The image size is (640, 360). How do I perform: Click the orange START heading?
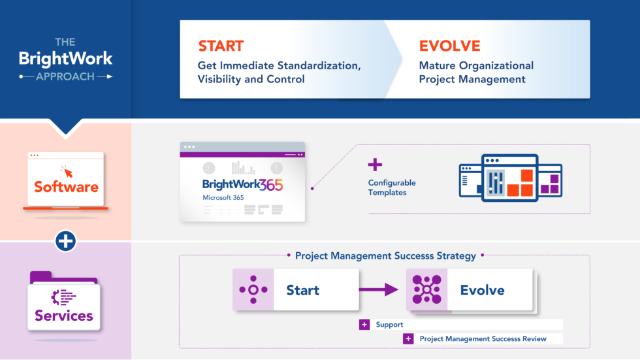[221, 46]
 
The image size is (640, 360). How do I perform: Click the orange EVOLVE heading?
[449, 46]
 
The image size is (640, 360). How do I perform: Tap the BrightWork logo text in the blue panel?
[65, 59]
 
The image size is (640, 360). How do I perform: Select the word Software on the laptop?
[66, 187]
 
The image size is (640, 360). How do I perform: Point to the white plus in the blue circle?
[65, 241]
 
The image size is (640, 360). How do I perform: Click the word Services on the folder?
[64, 316]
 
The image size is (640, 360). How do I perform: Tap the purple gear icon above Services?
[63, 297]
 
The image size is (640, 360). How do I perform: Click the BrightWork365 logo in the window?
[242, 185]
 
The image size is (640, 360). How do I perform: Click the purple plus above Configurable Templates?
[375, 165]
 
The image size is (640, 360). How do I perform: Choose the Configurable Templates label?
[392, 188]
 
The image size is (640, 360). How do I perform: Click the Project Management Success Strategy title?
[385, 256]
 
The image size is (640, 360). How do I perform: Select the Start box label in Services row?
[303, 290]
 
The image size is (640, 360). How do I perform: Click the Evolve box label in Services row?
[482, 290]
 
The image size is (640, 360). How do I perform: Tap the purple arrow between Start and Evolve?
[382, 289]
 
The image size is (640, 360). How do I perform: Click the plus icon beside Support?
[364, 325]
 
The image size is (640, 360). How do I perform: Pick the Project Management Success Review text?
[483, 338]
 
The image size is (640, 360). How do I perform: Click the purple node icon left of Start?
[253, 289]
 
